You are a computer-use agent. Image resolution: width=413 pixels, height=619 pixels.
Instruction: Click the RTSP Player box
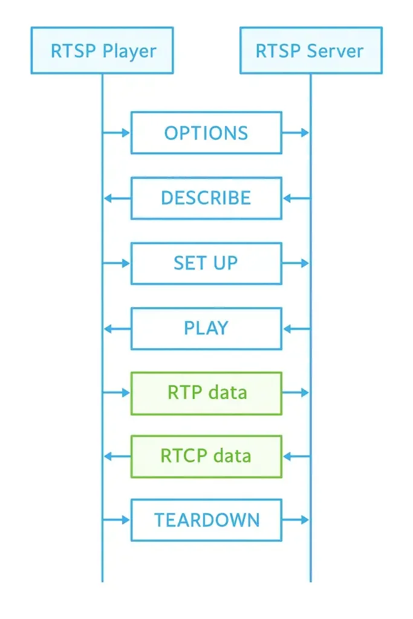[102, 51]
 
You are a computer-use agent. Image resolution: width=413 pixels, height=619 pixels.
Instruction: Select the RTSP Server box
[311, 51]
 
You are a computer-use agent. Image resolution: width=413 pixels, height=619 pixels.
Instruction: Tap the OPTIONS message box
[207, 132]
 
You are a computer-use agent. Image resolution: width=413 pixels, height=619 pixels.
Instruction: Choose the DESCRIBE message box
[207, 198]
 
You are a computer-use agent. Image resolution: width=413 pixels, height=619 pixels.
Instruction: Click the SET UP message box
[207, 264]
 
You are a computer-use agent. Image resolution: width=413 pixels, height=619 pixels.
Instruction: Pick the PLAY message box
[207, 328]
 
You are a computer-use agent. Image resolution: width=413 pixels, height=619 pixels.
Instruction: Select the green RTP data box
[207, 393]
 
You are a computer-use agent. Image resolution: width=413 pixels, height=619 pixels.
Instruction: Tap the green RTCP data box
[207, 457]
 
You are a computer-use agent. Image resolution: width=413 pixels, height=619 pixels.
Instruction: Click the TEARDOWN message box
[207, 520]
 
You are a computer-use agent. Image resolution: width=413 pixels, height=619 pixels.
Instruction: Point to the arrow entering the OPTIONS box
[117, 132]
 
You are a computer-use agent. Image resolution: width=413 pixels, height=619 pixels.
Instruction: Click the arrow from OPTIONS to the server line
[296, 132]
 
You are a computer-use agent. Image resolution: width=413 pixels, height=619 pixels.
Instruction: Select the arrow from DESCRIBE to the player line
[117, 198]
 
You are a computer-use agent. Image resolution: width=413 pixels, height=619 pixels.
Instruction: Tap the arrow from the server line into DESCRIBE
[297, 198]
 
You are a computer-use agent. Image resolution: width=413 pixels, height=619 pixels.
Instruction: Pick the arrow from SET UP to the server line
[296, 264]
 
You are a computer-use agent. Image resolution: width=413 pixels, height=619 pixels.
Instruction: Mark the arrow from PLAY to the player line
[117, 328]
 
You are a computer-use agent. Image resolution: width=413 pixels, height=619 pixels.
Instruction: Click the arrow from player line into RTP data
[117, 393]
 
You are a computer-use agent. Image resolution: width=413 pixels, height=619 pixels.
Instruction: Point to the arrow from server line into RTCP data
[297, 457]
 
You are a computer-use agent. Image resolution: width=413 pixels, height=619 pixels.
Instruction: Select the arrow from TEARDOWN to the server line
[296, 520]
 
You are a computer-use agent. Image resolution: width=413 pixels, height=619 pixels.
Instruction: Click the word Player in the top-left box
[129, 52]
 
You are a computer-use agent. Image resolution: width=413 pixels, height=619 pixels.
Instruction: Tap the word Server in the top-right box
[335, 51]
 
